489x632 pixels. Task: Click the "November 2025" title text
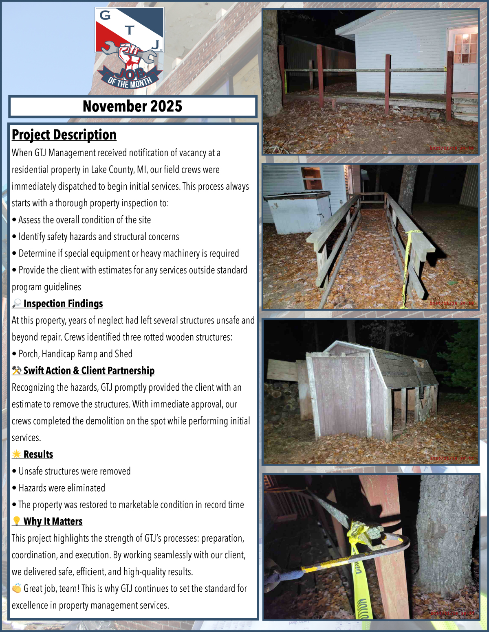pos(132,107)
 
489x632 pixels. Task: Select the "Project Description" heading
pos(64,135)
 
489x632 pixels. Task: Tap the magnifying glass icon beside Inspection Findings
pos(17,304)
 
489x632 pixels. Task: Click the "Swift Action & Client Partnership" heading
pos(89,371)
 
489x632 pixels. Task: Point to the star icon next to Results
pos(17,454)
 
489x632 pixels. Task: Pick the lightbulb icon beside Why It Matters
pos(17,521)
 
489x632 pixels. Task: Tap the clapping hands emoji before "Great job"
pos(17,588)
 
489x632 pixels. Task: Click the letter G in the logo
pos(105,15)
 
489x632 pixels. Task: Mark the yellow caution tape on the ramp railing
pos(407,260)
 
